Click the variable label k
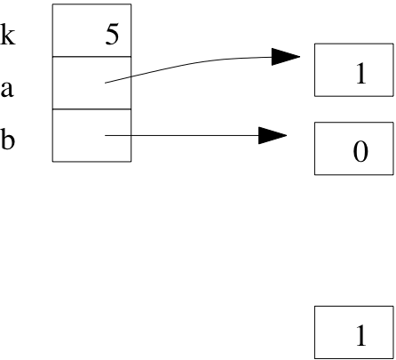[8, 35]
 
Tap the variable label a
[7, 89]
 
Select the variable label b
[8, 139]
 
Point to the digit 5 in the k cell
[112, 35]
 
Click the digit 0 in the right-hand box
[360, 151]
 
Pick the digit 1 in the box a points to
[361, 74]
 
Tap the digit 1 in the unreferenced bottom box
[361, 335]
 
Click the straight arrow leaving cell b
[196, 135]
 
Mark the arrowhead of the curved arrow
[286, 57]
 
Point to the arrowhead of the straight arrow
[273, 135]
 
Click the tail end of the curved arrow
[106, 83]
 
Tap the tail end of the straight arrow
[106, 135]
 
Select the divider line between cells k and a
[91, 56]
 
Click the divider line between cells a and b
[91, 109]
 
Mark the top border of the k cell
[91, 4]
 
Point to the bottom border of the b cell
[91, 162]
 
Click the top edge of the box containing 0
[354, 122]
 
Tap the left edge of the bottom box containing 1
[314, 332]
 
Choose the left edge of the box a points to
[314, 70]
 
